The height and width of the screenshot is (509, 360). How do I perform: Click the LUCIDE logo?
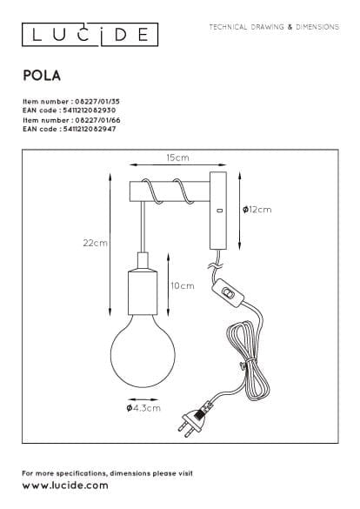pyautogui.click(x=90, y=35)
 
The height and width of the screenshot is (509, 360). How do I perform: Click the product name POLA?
pyautogui.click(x=42, y=76)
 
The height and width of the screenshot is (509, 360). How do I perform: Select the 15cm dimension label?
pyautogui.click(x=177, y=157)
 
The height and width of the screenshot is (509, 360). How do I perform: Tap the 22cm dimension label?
pyautogui.click(x=95, y=243)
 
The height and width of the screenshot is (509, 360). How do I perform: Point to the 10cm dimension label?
pyautogui.click(x=183, y=285)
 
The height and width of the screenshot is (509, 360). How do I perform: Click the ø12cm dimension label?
pyautogui.click(x=257, y=210)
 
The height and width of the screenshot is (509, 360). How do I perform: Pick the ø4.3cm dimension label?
pyautogui.click(x=143, y=408)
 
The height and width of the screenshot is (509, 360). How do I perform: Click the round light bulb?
pyautogui.click(x=143, y=352)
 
